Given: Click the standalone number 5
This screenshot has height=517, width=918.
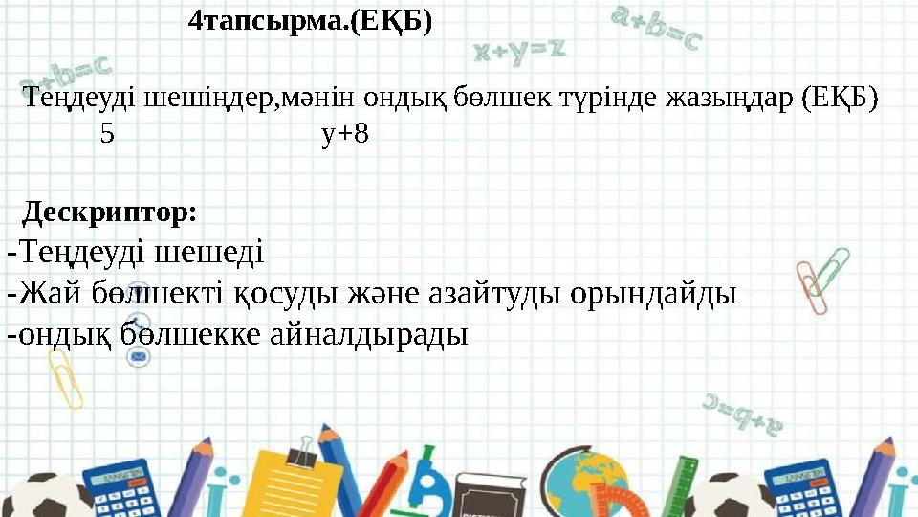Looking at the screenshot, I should tap(107, 134).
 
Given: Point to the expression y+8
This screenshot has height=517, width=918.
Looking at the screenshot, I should tap(345, 134).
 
